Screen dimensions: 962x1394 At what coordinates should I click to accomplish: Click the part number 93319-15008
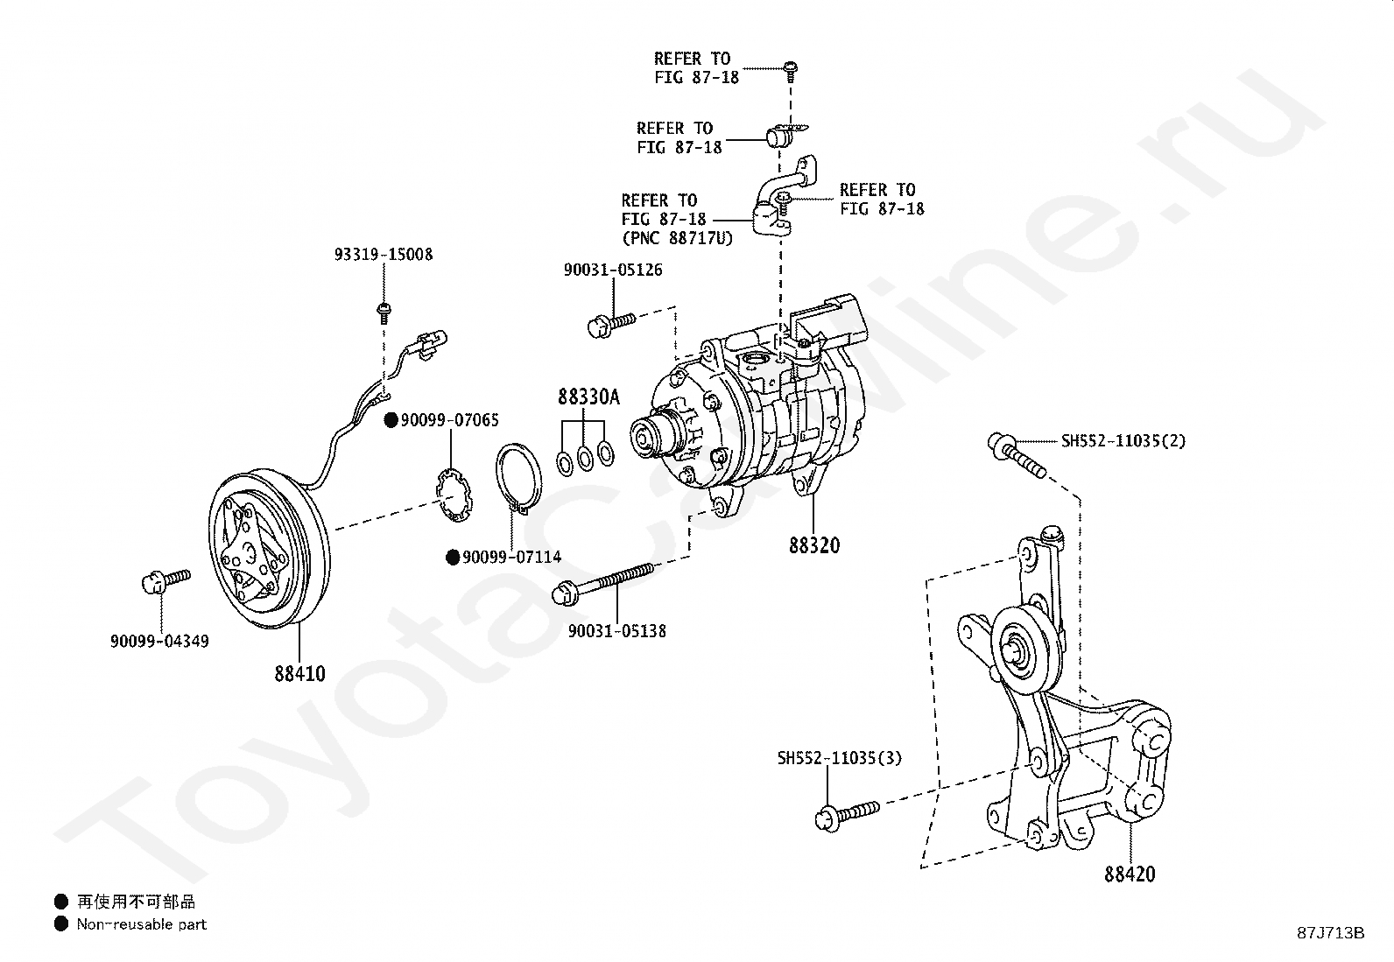pyautogui.click(x=383, y=255)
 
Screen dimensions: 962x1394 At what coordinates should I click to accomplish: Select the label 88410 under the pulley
pyautogui.click(x=299, y=674)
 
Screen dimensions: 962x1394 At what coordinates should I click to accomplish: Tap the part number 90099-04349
pyautogui.click(x=159, y=641)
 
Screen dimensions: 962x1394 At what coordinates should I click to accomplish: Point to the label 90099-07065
pyautogui.click(x=449, y=421)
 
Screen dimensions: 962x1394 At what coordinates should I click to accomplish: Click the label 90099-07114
pyautogui.click(x=511, y=557)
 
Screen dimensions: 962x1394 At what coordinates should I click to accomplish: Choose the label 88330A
pyautogui.click(x=588, y=397)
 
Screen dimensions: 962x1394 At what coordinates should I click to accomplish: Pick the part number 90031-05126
pyautogui.click(x=613, y=270)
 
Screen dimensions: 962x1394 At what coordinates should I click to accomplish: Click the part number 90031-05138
pyautogui.click(x=616, y=630)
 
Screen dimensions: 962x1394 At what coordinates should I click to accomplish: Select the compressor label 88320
pyautogui.click(x=813, y=545)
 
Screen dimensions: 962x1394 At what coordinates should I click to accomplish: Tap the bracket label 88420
pyautogui.click(x=1130, y=874)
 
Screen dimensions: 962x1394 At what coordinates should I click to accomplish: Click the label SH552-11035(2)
pyautogui.click(x=1123, y=441)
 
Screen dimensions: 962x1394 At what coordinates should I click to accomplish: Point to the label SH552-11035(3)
pyautogui.click(x=839, y=758)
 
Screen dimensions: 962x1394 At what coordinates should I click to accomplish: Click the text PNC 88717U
pyautogui.click(x=677, y=237)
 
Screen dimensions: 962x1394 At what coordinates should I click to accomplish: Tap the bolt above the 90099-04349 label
pyautogui.click(x=165, y=580)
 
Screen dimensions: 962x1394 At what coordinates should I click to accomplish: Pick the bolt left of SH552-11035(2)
pyautogui.click(x=1016, y=455)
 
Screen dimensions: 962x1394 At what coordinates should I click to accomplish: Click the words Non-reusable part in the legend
pyautogui.click(x=141, y=923)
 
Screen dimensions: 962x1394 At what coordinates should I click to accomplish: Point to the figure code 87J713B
pyautogui.click(x=1331, y=932)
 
